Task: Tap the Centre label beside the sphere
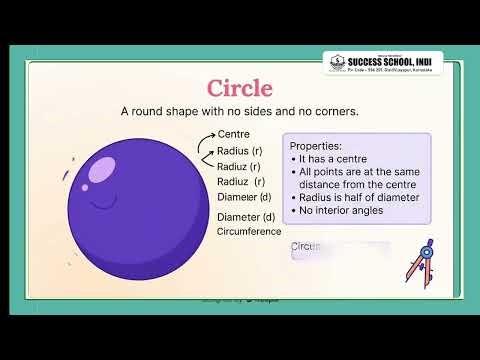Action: (x=234, y=133)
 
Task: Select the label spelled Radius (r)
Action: (x=239, y=150)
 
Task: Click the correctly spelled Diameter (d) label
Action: (x=246, y=217)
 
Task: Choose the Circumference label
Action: (x=250, y=231)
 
